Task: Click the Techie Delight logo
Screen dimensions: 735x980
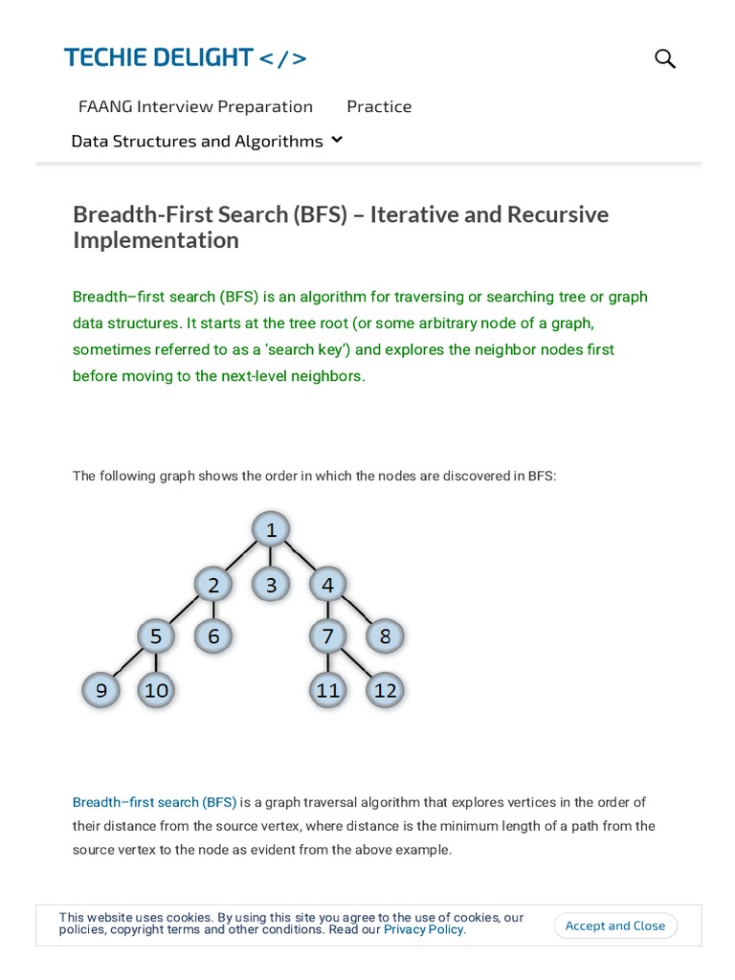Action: coord(186,57)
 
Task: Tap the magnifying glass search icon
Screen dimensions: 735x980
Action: coord(665,58)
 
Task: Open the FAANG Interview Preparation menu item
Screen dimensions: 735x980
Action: coord(195,106)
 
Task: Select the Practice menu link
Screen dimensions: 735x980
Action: coord(379,106)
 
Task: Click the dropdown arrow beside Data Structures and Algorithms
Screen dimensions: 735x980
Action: coord(337,140)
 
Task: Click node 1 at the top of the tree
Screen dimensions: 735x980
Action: coord(271,529)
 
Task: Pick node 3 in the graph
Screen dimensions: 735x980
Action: coord(271,584)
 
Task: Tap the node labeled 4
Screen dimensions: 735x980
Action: coord(328,584)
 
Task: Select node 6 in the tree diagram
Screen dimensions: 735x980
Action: coord(213,635)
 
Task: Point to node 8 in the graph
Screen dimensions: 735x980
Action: coord(386,635)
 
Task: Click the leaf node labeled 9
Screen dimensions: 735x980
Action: coord(100,689)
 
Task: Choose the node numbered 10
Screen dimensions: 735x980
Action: coord(156,689)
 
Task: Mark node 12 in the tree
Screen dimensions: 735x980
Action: coord(386,689)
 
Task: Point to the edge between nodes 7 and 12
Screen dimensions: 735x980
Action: coord(357,662)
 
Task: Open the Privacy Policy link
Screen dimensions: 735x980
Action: coord(424,929)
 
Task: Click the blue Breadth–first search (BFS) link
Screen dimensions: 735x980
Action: coord(154,802)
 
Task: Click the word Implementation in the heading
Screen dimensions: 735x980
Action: coord(155,240)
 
